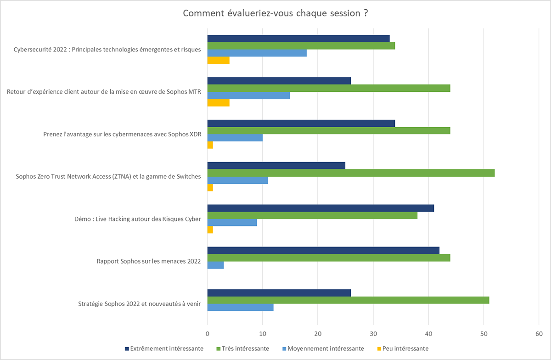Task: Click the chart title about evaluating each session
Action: pyautogui.click(x=275, y=13)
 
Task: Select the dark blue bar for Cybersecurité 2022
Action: pyautogui.click(x=298, y=39)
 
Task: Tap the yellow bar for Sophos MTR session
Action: pyautogui.click(x=219, y=103)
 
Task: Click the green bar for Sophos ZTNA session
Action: pyautogui.click(x=351, y=173)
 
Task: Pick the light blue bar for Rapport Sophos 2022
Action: pyautogui.click(x=216, y=265)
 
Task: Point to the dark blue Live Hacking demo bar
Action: pyautogui.click(x=320, y=208)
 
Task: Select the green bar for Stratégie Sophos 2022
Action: pyautogui.click(x=348, y=300)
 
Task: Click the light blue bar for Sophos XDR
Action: pyautogui.click(x=235, y=138)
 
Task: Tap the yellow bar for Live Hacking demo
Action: pyautogui.click(x=210, y=230)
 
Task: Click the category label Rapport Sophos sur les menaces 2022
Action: pyautogui.click(x=149, y=261)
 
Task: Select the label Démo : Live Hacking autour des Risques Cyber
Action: pyautogui.click(x=138, y=219)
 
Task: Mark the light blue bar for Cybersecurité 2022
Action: pyautogui.click(x=257, y=53)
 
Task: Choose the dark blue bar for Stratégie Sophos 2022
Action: pyautogui.click(x=279, y=293)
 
